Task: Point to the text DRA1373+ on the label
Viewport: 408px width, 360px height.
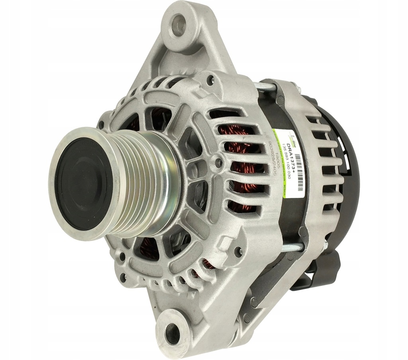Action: (290, 156)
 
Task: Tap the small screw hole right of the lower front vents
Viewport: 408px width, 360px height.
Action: (239, 251)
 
